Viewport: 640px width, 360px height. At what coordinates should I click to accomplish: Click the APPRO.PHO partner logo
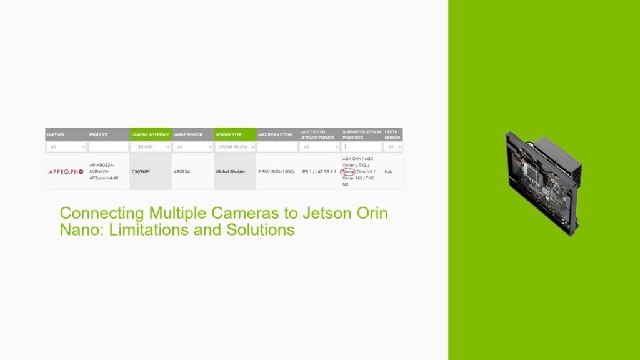point(66,171)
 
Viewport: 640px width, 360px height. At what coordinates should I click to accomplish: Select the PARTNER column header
point(56,134)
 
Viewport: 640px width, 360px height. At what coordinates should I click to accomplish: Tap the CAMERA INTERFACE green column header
point(150,134)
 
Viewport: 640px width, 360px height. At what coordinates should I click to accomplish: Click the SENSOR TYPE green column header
point(229,134)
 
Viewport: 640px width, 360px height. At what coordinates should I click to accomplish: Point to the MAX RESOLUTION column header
point(275,134)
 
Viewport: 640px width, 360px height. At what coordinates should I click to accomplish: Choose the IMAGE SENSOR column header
point(187,134)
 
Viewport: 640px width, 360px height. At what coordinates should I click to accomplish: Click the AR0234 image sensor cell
point(182,171)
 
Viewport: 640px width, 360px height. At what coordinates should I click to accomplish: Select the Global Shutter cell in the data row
point(231,171)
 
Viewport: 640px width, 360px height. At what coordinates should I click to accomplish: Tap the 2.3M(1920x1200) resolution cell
point(276,171)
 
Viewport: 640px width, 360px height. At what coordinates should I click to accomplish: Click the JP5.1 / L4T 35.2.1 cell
point(318,171)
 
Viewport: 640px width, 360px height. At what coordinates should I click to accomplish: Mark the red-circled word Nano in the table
point(348,171)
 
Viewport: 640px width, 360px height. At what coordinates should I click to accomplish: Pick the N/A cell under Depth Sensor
point(388,171)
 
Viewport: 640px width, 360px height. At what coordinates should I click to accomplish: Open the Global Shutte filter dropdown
point(235,147)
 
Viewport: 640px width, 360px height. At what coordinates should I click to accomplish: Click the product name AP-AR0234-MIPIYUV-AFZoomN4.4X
point(104,171)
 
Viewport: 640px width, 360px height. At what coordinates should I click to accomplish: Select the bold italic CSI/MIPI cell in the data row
point(141,171)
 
